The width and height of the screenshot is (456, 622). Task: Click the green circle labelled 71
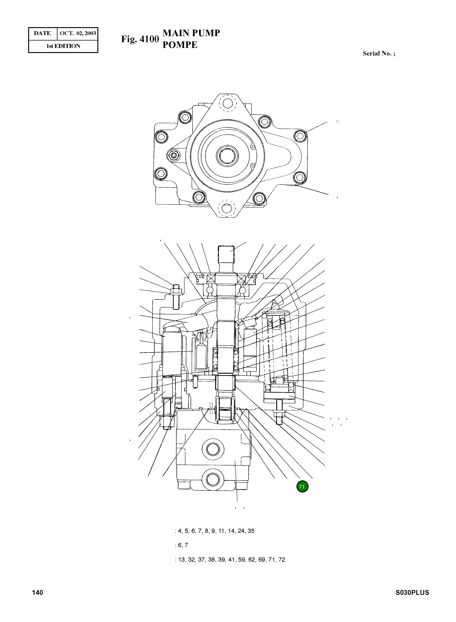tap(302, 487)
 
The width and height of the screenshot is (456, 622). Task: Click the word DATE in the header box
tap(42, 33)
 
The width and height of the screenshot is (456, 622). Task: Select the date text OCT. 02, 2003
tap(78, 33)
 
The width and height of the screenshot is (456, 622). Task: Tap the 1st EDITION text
tap(63, 46)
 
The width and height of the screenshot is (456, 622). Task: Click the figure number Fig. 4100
tap(140, 39)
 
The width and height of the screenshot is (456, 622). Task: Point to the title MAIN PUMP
tap(191, 33)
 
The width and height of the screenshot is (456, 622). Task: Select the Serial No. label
tap(378, 54)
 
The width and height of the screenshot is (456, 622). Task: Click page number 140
tap(38, 593)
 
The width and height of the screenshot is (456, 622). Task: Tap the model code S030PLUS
tap(412, 593)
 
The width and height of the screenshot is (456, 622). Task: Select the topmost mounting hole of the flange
tap(227, 104)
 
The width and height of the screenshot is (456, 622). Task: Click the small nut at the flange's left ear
tap(174, 156)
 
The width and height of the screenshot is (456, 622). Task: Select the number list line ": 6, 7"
tap(181, 545)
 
